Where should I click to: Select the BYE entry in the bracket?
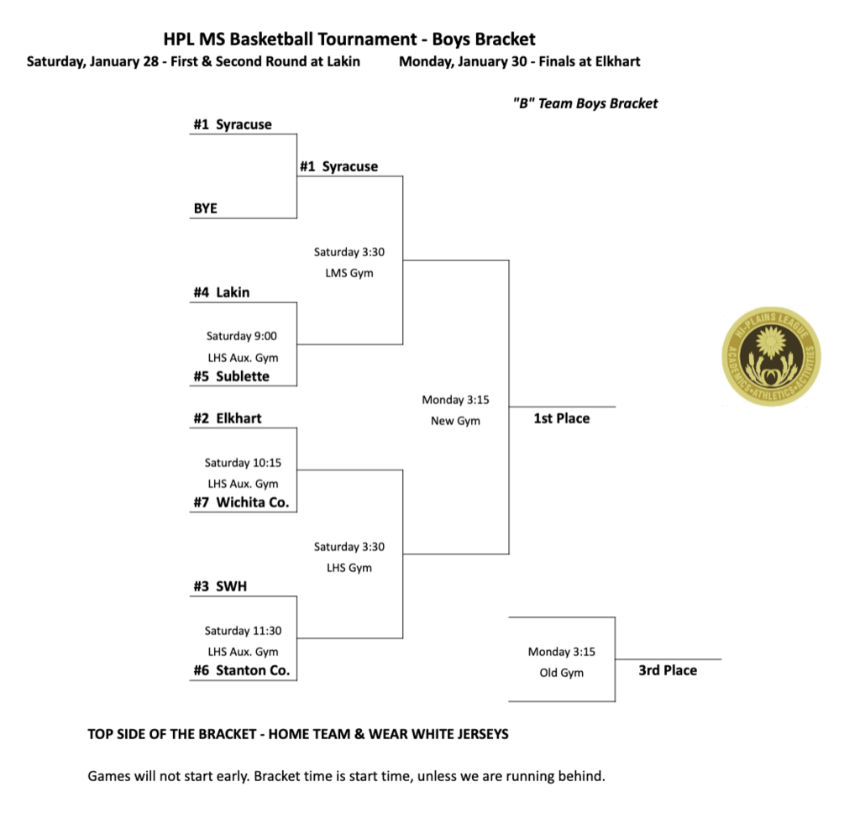pos(206,208)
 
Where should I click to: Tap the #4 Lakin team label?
pos(222,292)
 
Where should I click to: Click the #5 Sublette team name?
pos(231,376)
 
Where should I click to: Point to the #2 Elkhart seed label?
pos(228,418)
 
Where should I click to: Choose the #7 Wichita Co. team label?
pos(241,502)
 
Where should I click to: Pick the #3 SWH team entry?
pos(220,586)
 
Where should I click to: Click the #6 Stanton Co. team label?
pos(242,670)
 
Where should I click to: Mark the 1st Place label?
pos(562,418)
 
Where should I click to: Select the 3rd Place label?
pos(668,670)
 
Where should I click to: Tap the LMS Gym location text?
pos(349,273)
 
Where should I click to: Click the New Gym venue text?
pos(455,421)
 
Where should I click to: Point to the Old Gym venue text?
pos(561,673)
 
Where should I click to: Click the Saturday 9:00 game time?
pos(242,336)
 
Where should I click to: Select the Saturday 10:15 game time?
pos(242,463)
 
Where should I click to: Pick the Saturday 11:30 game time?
pos(242,631)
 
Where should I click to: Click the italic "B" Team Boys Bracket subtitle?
pos(585,103)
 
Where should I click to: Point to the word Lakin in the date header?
pos(342,61)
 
